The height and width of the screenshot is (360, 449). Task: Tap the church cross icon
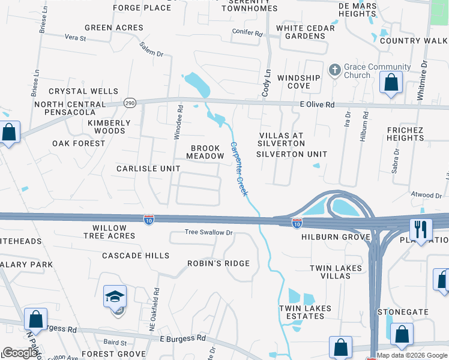pyautogui.click(x=334, y=71)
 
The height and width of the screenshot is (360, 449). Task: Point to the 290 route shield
pyautogui.click(x=130, y=103)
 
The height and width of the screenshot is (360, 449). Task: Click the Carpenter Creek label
pyautogui.click(x=239, y=169)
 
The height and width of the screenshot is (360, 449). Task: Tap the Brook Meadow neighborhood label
pyautogui.click(x=208, y=152)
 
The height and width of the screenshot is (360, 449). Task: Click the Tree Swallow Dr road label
pyautogui.click(x=208, y=232)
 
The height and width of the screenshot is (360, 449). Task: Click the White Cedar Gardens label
pyautogui.click(x=301, y=32)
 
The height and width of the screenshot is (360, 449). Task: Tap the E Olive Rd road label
pyautogui.click(x=317, y=105)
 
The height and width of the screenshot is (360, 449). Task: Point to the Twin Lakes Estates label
pyautogui.click(x=305, y=312)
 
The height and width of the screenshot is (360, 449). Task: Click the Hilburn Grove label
pyautogui.click(x=336, y=237)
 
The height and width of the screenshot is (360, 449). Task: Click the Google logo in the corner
pyautogui.click(x=20, y=353)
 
